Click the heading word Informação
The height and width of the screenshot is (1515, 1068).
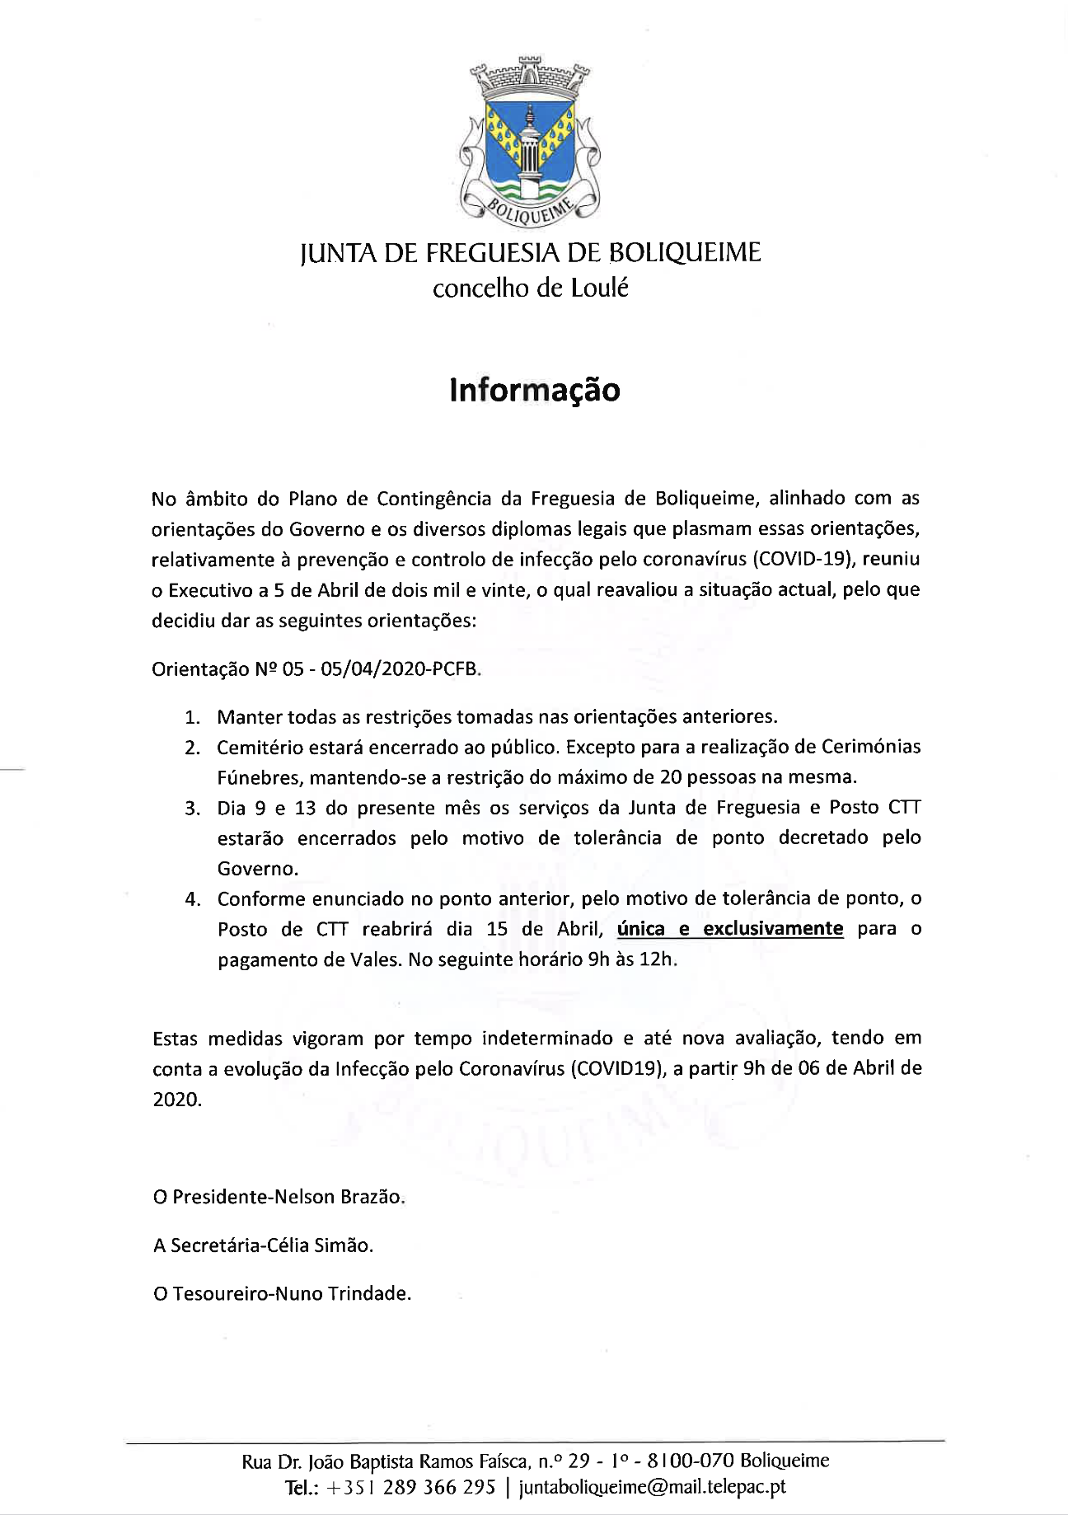[x=534, y=390]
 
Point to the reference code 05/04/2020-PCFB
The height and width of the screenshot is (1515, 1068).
[x=397, y=669]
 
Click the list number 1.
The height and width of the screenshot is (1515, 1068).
[x=192, y=717]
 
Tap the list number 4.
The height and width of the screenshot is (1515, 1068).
[x=193, y=898]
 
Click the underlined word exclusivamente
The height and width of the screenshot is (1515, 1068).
[x=773, y=929]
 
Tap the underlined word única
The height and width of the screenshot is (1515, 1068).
[x=640, y=929]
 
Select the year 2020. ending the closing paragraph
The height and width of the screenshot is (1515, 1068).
[x=177, y=1100]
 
